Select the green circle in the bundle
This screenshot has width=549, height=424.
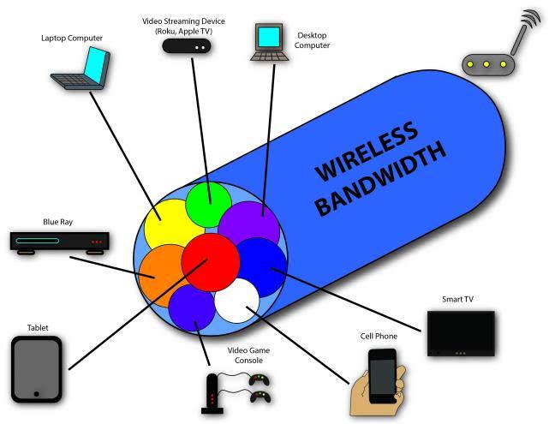(x=209, y=203)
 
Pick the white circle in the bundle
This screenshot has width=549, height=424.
(x=237, y=302)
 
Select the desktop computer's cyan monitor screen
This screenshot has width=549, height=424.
(x=269, y=37)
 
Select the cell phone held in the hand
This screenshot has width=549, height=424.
(x=382, y=373)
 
